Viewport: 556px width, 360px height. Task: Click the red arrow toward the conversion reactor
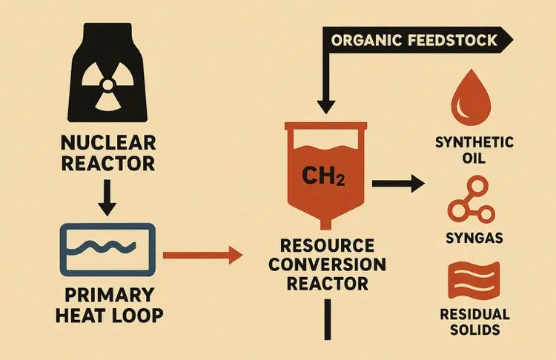203,256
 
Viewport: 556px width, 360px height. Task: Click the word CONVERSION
328,264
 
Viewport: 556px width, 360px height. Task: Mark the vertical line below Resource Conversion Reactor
326,327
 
